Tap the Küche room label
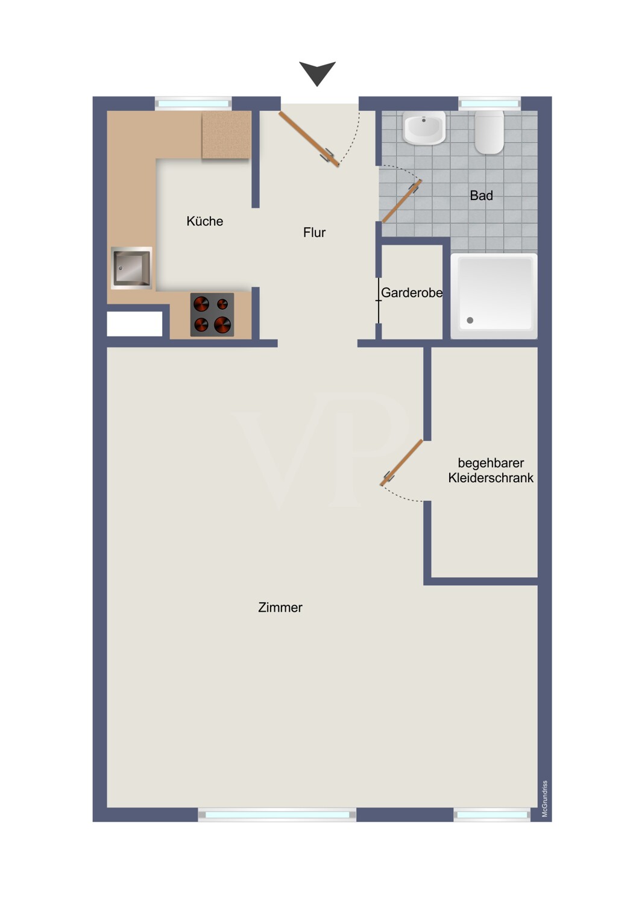coord(204,221)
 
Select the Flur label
coord(315,233)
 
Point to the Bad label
coord(481,196)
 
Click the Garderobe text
coord(412,292)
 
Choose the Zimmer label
coord(280,607)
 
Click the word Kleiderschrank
coord(491,478)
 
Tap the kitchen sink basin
coord(131,268)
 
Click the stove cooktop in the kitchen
coord(212,315)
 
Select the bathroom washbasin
coord(424,128)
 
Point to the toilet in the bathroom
coord(489,132)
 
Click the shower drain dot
coord(470,321)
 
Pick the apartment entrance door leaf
coord(309,139)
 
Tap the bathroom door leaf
coord(402,201)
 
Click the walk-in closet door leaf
coord(401,462)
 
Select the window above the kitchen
coord(194,104)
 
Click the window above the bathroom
coord(489,104)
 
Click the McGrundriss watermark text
coord(544,799)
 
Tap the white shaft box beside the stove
coord(134,324)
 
